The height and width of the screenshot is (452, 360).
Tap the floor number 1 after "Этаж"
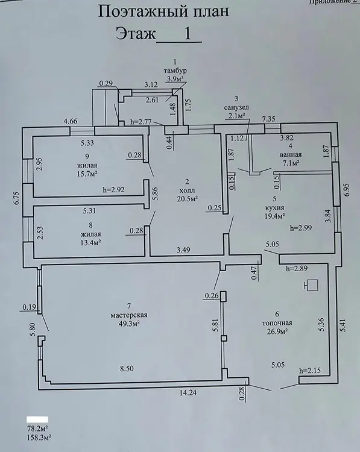click(x=187, y=34)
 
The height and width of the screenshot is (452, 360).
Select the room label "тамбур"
click(x=175, y=71)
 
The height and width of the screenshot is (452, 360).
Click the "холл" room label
click(x=187, y=190)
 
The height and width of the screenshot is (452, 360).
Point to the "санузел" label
click(x=236, y=107)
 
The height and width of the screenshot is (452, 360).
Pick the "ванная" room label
click(x=291, y=154)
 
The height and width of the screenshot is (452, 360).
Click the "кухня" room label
click(x=274, y=207)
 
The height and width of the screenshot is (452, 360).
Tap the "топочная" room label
click(x=277, y=323)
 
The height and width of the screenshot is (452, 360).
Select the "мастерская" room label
click(x=129, y=315)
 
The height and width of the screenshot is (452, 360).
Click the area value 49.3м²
click(x=129, y=324)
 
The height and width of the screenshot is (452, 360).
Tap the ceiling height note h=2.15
click(x=310, y=370)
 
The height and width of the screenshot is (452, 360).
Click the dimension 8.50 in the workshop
click(x=127, y=368)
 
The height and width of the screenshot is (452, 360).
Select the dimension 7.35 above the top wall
click(x=268, y=119)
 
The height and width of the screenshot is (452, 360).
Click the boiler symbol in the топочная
click(x=311, y=285)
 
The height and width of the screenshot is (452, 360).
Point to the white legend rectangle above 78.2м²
click(x=37, y=419)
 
